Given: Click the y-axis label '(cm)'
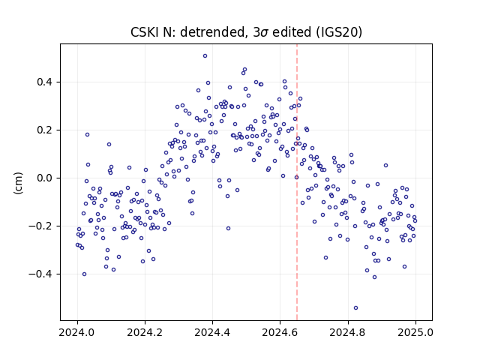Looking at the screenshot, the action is (18, 183).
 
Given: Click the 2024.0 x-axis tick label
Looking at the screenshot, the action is (77, 332).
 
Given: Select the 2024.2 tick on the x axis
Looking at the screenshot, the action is (145, 332).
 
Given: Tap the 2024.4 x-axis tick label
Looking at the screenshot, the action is (212, 332).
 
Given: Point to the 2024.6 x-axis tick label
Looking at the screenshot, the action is (280, 332).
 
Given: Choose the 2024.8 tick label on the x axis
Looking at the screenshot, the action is (348, 332).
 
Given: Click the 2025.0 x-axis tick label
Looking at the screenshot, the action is (415, 332).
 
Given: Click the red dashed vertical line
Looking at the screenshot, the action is (297, 182).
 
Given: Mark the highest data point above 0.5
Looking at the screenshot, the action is (205, 56).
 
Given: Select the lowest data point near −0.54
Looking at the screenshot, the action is (355, 308).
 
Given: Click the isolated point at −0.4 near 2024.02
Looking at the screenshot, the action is (85, 274).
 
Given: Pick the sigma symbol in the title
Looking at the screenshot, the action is (265, 33).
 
